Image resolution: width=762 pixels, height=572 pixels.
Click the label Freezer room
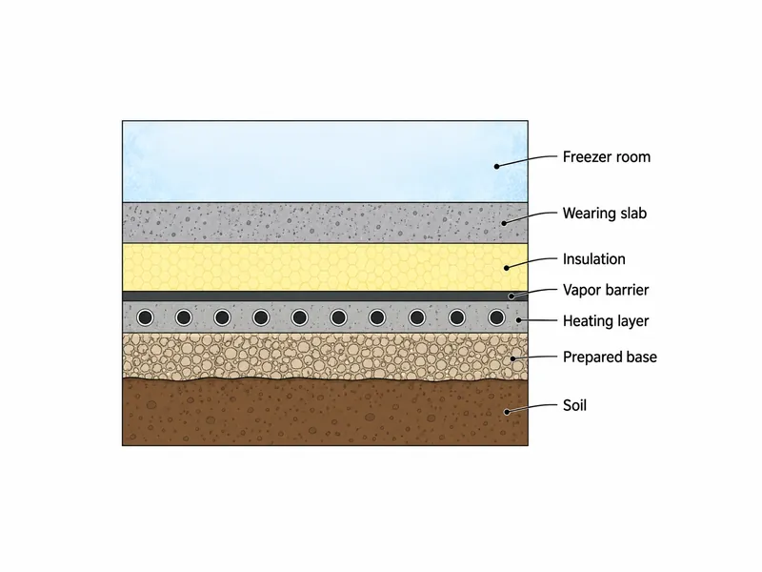click(606, 157)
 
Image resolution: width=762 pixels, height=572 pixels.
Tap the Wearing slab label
click(605, 213)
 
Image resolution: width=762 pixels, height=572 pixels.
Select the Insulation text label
click(593, 258)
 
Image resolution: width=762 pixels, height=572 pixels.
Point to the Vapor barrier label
click(606, 290)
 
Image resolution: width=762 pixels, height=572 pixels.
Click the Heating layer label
click(606, 321)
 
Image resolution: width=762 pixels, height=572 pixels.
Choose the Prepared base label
click(610, 357)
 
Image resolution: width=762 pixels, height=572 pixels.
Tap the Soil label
click(574, 405)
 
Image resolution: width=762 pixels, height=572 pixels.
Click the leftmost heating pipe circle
click(145, 317)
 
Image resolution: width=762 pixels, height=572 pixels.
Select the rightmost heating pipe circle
click(496, 317)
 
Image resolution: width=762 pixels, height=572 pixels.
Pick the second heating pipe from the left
click(184, 317)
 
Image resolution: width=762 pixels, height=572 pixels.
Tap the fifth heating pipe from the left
click(299, 317)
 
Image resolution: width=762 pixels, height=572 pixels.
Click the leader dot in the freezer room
click(496, 166)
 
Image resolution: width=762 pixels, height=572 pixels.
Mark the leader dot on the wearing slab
click(505, 223)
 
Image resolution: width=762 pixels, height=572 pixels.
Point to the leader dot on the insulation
click(507, 268)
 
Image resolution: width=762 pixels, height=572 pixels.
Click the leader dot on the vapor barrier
click(511, 296)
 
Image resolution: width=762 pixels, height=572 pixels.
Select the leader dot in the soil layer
click(507, 412)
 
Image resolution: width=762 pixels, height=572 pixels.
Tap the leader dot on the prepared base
click(513, 359)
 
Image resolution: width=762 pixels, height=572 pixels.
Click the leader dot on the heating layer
click(519, 320)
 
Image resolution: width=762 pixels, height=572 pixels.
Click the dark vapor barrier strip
click(325, 296)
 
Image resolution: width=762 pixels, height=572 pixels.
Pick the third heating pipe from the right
click(417, 317)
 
